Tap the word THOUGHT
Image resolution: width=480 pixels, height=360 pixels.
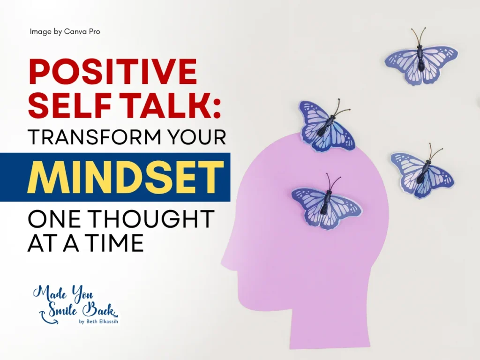click(x=151, y=218)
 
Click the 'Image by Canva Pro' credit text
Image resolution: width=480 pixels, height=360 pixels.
click(x=65, y=31)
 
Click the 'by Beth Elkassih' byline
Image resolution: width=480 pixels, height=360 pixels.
click(x=98, y=322)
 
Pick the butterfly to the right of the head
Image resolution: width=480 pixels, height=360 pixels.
click(x=422, y=172)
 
